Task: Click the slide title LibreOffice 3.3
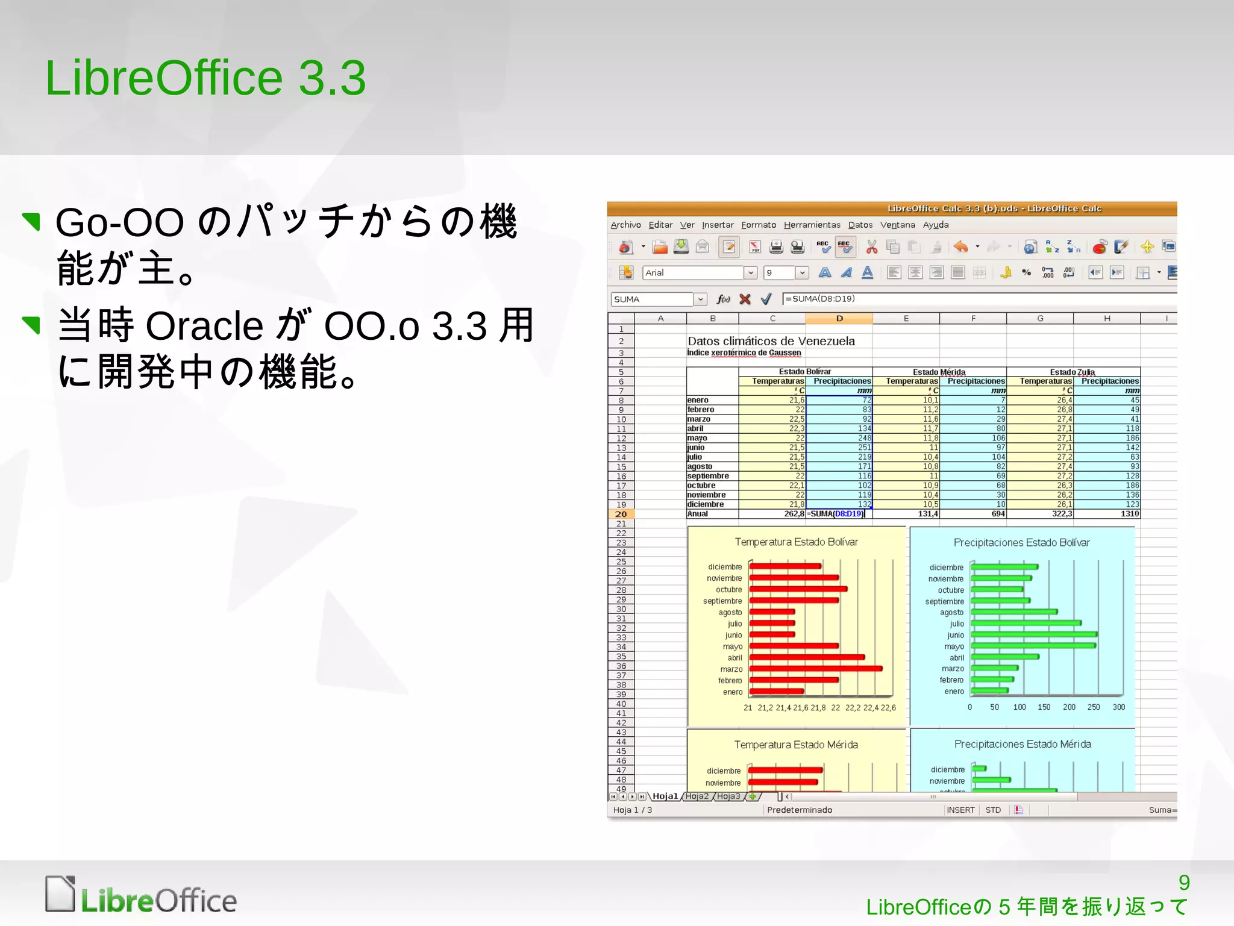point(205,78)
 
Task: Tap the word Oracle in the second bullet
point(204,326)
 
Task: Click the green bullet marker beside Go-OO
point(31,221)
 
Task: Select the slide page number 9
point(1183,883)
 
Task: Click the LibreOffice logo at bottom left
point(141,895)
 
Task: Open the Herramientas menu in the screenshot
point(812,225)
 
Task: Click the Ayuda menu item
point(935,225)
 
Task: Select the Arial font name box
point(693,273)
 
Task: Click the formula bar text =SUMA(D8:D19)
point(820,299)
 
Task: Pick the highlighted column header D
point(839,318)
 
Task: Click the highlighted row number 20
point(621,514)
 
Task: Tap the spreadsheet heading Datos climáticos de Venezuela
point(771,341)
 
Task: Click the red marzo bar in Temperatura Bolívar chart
point(815,669)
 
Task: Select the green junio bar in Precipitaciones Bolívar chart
point(1033,634)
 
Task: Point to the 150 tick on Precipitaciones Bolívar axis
point(1044,707)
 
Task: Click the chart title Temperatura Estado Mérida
point(796,745)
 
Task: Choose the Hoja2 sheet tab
point(697,796)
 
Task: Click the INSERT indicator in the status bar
point(960,810)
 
